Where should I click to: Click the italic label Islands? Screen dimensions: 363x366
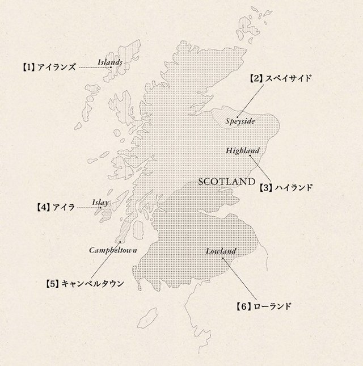click(x=109, y=62)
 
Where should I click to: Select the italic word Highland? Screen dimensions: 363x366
click(x=242, y=150)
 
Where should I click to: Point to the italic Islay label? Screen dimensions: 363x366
click(x=100, y=201)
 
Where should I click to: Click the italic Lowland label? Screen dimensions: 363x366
click(x=221, y=250)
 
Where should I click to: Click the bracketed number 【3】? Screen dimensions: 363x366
click(x=266, y=186)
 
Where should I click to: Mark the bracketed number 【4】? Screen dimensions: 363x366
click(x=43, y=208)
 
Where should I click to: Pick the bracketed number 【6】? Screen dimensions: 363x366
click(x=243, y=307)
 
